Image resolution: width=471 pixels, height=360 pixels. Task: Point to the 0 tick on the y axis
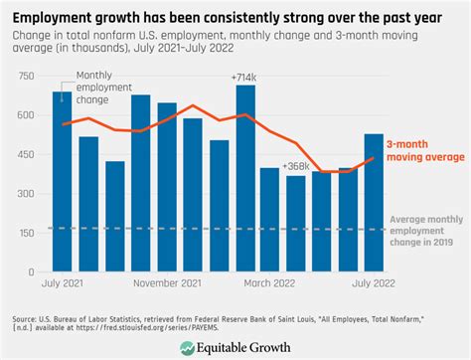[33, 270]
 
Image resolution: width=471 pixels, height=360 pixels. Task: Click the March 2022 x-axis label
[270, 284]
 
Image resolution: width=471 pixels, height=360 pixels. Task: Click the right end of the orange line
[373, 157]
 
